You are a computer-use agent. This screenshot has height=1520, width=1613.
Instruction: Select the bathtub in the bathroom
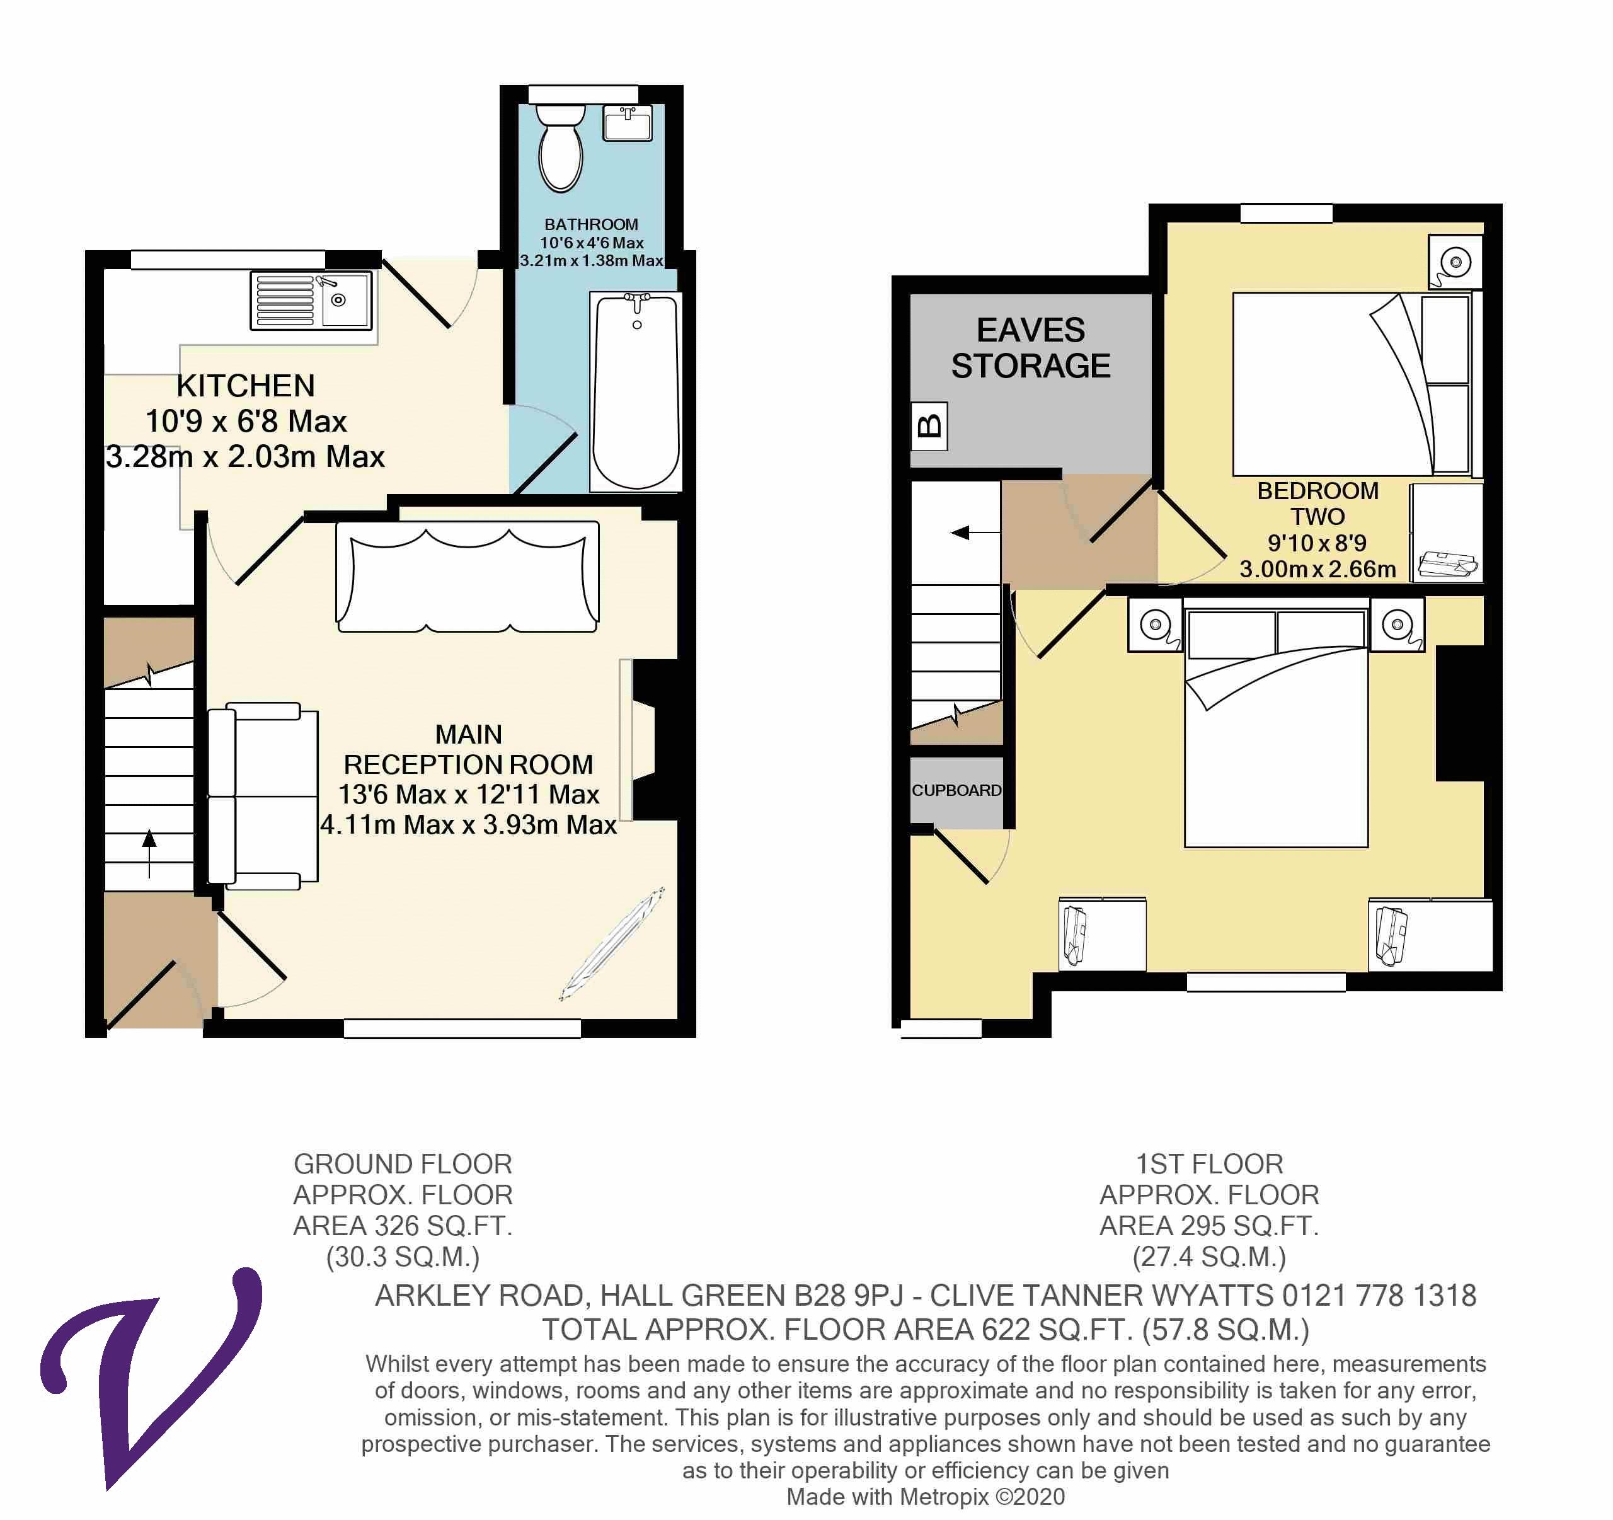[x=636, y=392]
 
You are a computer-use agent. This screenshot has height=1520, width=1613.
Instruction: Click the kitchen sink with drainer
[x=313, y=300]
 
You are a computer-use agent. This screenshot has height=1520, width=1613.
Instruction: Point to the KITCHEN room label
[x=245, y=386]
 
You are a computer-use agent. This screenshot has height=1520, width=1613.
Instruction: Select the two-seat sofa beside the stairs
[x=262, y=796]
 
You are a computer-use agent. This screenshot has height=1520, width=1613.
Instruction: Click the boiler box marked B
[x=929, y=425]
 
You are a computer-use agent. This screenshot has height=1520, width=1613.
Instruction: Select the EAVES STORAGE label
[x=1030, y=348]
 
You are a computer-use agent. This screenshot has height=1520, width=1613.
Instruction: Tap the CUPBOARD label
[x=956, y=790]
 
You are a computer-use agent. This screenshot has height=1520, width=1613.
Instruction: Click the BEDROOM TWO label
[x=1317, y=503]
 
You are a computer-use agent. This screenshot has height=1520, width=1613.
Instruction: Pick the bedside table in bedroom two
[x=1455, y=262]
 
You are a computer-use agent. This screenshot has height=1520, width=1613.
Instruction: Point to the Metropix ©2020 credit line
[x=925, y=1497]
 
